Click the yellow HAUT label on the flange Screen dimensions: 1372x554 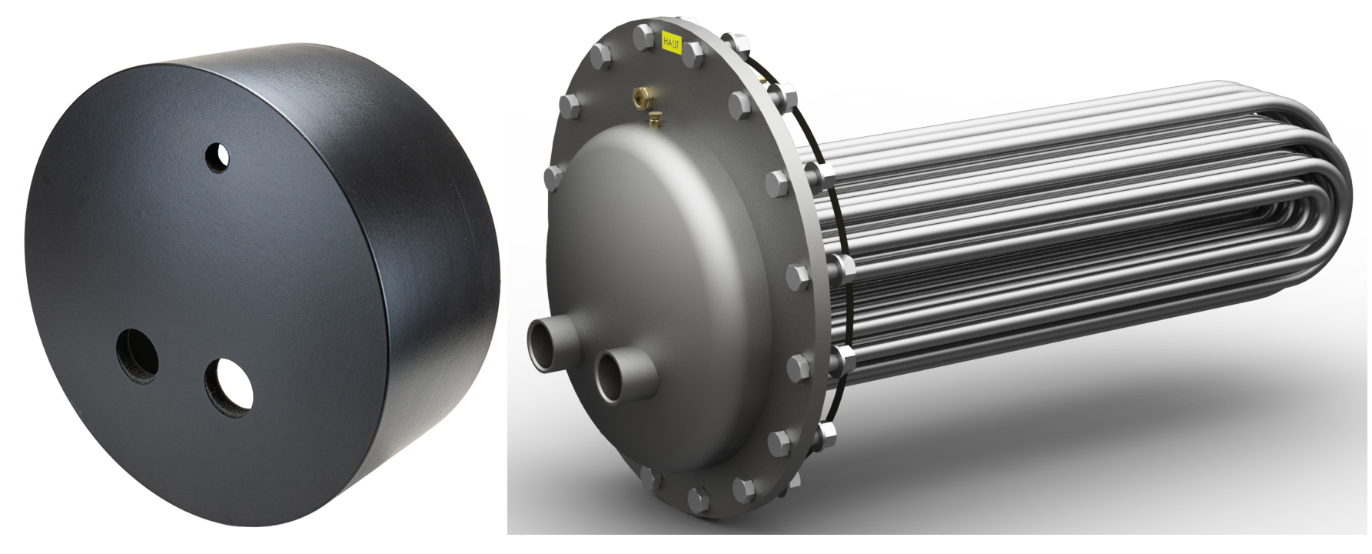click(x=671, y=40)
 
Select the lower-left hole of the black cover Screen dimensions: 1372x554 click(x=137, y=356)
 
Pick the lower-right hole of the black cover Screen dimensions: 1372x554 click(x=229, y=387)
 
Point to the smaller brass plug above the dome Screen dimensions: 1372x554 click(x=655, y=118)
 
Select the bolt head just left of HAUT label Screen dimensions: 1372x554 click(x=640, y=35)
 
